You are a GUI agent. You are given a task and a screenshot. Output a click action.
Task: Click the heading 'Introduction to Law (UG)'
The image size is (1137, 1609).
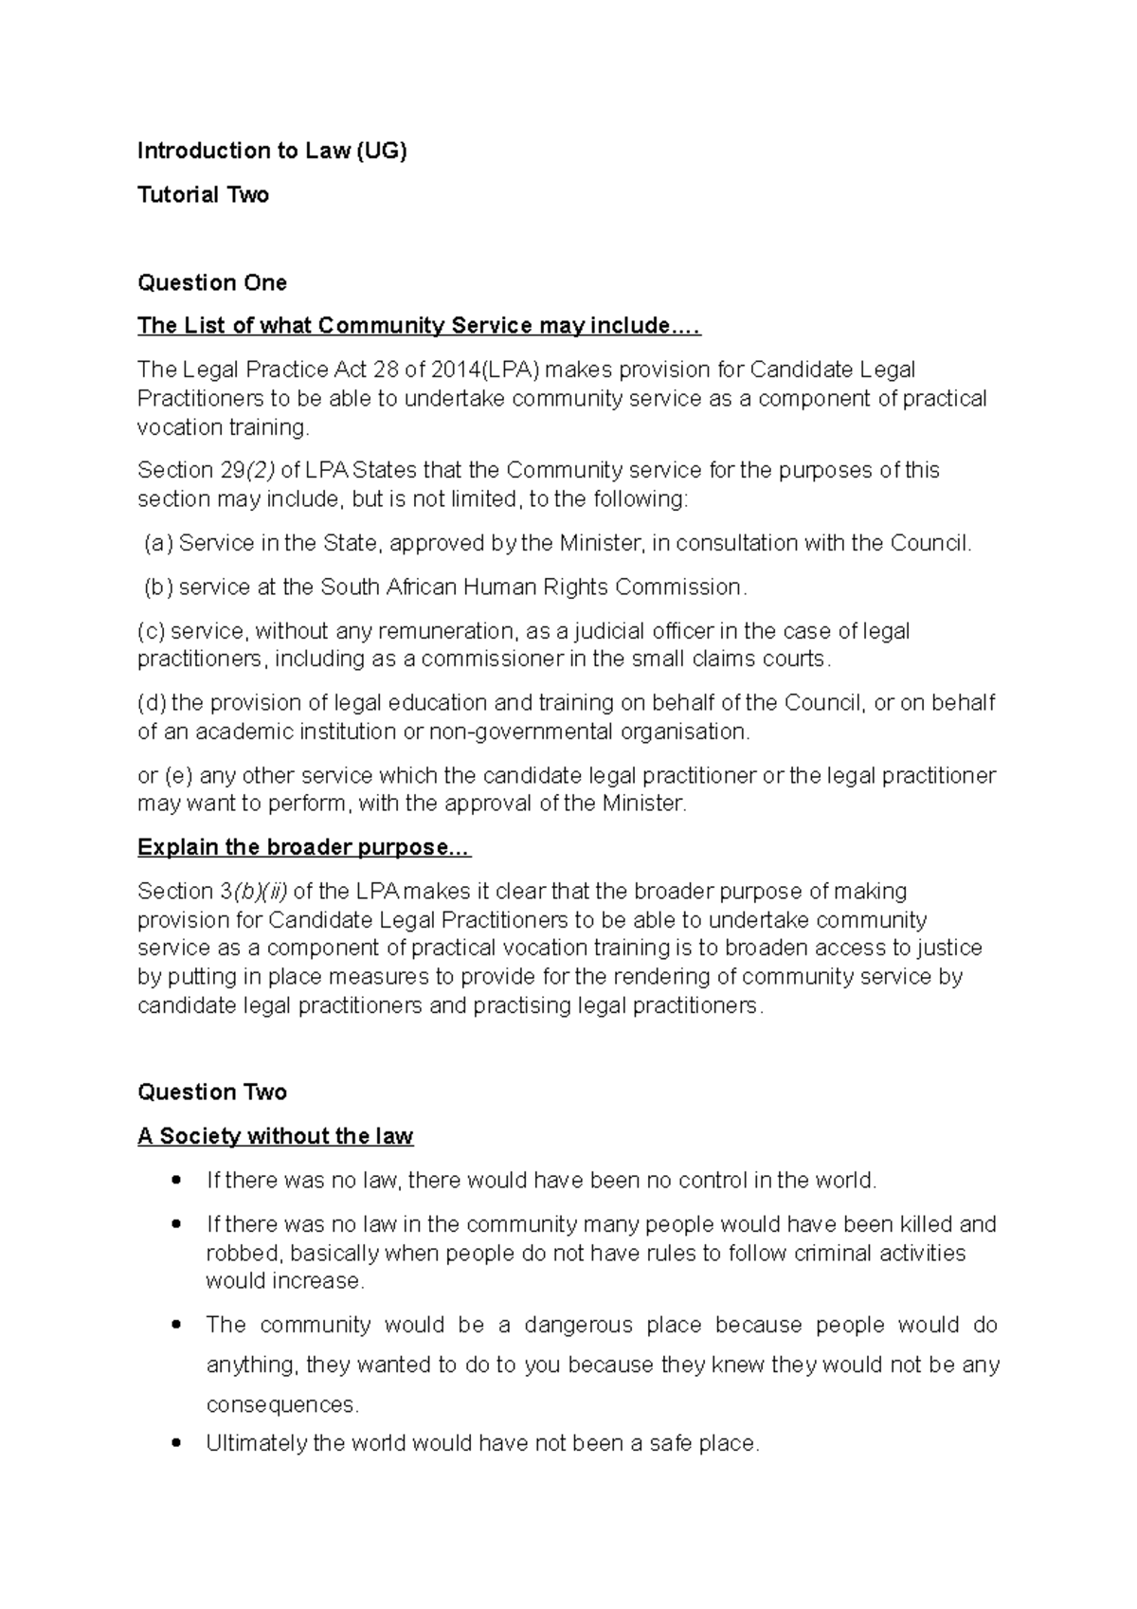pos(272,151)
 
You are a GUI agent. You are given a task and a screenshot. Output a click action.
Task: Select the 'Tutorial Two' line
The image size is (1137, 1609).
pos(203,195)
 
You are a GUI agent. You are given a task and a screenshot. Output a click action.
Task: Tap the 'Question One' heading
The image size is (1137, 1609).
pos(212,282)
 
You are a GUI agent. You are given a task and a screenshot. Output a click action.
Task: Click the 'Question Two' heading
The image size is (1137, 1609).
pos(212,1092)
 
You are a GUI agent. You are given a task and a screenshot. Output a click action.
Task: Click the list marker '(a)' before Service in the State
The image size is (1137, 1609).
pos(158,543)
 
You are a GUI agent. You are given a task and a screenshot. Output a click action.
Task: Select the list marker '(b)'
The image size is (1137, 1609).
pos(158,588)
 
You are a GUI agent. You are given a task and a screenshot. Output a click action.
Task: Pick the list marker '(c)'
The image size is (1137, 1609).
pos(152,631)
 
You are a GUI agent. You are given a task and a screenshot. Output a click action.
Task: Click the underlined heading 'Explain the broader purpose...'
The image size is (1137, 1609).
pos(303,847)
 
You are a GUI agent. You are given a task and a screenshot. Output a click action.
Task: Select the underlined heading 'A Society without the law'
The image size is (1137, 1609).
pos(275,1136)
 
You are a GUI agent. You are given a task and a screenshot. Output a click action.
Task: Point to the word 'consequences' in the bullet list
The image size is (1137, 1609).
pos(281,1404)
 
